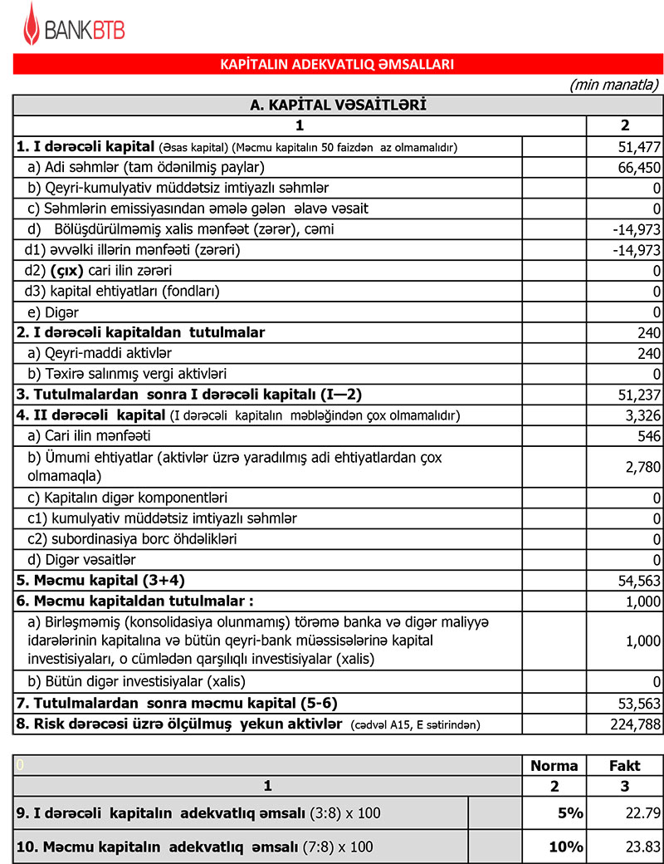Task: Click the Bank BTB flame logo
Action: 32,24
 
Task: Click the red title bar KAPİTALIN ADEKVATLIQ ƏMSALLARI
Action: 337,64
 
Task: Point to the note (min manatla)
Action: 614,85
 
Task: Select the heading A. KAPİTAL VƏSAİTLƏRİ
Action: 337,105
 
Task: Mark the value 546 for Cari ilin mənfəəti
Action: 649,435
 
